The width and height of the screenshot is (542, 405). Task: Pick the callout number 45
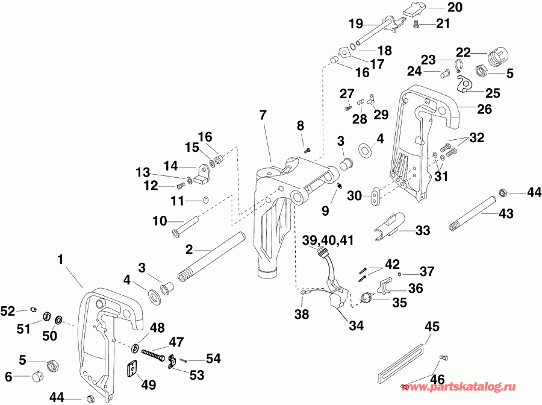pyautogui.click(x=432, y=327)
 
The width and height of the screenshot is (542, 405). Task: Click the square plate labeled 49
pyautogui.click(x=134, y=368)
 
